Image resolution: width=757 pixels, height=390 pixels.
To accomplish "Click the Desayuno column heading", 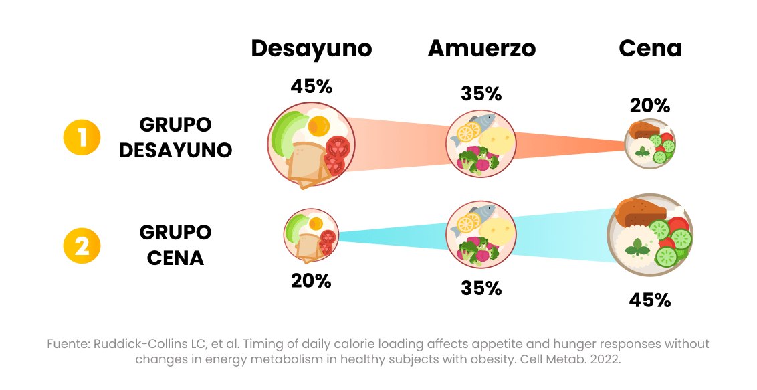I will tap(311, 49).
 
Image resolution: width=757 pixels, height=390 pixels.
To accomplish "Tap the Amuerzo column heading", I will tap(481, 49).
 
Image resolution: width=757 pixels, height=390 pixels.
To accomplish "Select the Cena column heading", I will tap(650, 49).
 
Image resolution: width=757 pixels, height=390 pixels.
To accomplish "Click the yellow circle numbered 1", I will tap(82, 137).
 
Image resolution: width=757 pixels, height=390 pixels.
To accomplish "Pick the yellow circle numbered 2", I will tap(82, 245).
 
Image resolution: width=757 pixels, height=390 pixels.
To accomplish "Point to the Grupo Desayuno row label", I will tap(175, 137).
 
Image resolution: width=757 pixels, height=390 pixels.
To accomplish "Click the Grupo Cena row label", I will tap(175, 245).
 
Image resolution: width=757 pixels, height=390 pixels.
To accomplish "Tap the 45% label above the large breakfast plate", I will tap(311, 87).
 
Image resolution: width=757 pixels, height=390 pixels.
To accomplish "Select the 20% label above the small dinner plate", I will tap(650, 106).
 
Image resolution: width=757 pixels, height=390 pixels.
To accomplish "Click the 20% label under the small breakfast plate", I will tap(311, 281).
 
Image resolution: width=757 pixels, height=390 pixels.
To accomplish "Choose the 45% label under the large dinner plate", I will tap(650, 300).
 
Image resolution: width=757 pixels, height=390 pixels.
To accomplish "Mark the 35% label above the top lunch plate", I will tap(481, 94).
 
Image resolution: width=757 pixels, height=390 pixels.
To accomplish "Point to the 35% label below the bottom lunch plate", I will tap(481, 288).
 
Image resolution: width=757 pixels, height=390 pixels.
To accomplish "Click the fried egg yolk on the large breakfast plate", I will tap(318, 125).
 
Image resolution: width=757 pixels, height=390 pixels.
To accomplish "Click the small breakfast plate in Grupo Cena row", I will tap(310, 235).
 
